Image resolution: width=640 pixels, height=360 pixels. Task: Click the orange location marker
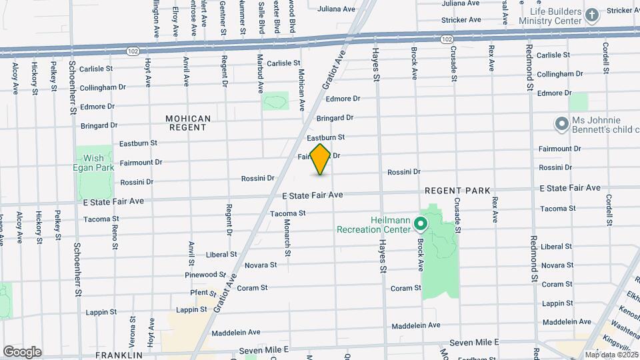tap(321, 159)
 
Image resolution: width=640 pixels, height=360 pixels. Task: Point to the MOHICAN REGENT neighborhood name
tap(189, 123)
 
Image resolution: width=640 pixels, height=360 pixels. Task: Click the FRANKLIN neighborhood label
tap(119, 355)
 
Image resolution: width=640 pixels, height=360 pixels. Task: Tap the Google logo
tap(22, 352)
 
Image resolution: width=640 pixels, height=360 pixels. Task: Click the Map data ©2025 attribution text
tap(610, 355)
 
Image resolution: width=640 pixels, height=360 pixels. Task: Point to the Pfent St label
tap(199, 292)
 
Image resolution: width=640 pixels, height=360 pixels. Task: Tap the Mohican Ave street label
tap(301, 89)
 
